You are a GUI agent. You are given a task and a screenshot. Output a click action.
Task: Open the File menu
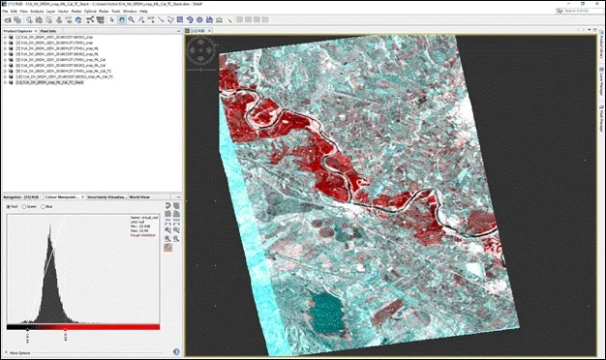pos(4,11)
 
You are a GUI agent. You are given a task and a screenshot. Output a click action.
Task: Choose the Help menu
pos(143,11)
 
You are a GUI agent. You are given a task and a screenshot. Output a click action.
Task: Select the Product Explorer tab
pos(19,31)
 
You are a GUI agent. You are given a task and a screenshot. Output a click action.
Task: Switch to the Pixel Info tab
pos(49,31)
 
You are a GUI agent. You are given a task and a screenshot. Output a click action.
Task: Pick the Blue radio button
pos(45,206)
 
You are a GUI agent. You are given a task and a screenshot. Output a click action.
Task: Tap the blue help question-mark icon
pos(176,351)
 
